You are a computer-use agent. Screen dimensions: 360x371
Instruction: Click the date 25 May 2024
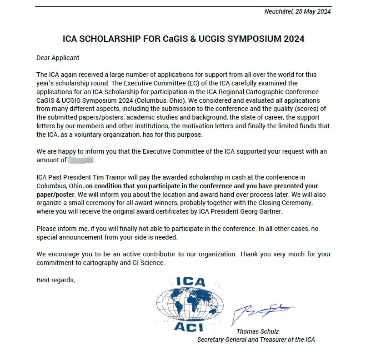[x=313, y=11]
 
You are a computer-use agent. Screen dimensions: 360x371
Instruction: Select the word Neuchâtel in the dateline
[x=279, y=11]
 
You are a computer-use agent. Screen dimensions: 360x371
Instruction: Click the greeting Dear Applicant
[x=58, y=58]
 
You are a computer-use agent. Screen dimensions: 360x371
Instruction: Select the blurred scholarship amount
[x=81, y=160]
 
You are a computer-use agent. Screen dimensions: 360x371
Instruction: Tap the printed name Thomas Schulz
[x=257, y=331]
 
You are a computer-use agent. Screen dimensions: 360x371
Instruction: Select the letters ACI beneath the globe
[x=191, y=326]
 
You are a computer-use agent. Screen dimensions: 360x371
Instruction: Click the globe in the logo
[x=190, y=304]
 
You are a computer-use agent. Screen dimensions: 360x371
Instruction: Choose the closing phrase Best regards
[x=55, y=280]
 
